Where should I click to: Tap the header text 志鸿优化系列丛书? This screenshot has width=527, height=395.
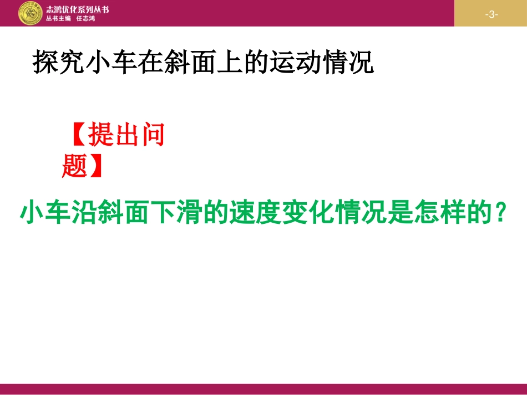point(78,9)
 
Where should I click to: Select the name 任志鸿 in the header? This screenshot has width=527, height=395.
point(85,18)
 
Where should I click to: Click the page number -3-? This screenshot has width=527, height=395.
point(491,14)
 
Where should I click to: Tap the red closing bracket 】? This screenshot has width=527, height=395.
point(96,165)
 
